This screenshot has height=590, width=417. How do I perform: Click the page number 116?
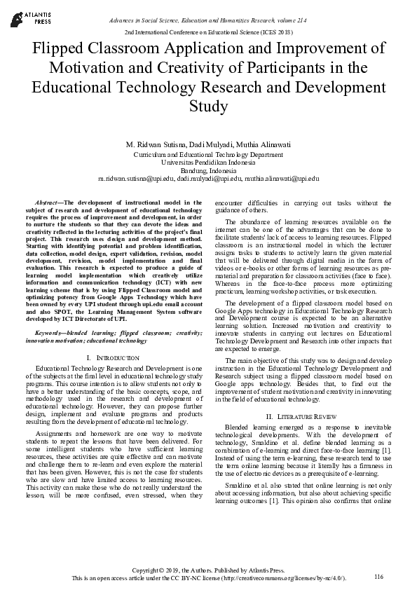(379, 576)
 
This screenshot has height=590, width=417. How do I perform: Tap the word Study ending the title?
(208, 107)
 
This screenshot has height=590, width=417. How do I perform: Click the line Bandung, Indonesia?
(208, 170)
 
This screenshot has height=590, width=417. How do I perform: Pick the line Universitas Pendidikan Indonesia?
(208, 162)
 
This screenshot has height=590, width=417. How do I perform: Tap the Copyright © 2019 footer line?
(208, 570)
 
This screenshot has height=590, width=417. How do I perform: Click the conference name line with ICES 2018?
(208, 32)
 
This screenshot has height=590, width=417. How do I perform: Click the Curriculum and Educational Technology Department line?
(208, 153)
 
